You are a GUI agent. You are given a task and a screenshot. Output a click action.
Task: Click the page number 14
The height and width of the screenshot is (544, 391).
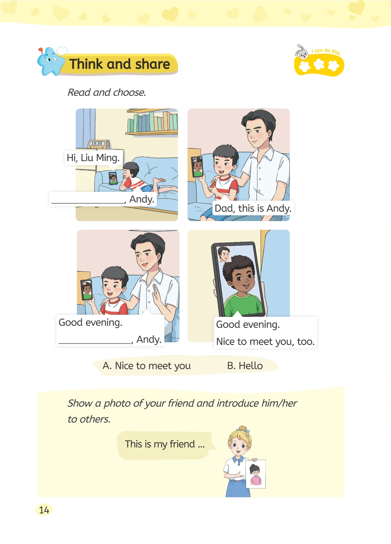coord(44,510)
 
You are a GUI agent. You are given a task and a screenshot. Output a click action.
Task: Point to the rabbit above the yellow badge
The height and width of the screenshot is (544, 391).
coord(302,52)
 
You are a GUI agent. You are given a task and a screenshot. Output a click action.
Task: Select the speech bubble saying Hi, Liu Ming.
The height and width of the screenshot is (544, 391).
coord(93,158)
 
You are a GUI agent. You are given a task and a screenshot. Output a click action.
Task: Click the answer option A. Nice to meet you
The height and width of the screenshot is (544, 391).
coord(147,366)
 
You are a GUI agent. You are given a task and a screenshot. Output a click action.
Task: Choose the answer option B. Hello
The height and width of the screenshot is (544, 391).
coord(245,366)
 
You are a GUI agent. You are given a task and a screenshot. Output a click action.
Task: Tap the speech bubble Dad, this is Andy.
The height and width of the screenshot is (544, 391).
coord(253,208)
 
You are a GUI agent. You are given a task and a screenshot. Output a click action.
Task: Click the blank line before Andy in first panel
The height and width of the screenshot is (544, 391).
coord(87,203)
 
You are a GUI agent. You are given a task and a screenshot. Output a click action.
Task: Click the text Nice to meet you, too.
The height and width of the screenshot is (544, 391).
coord(265,342)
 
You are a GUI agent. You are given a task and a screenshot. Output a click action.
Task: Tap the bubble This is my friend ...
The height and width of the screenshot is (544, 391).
coord(165,445)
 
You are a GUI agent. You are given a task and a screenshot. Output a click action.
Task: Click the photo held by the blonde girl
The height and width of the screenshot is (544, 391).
coord(256,474)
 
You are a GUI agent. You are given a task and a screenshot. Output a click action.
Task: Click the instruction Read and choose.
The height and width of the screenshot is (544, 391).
coord(107,92)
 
